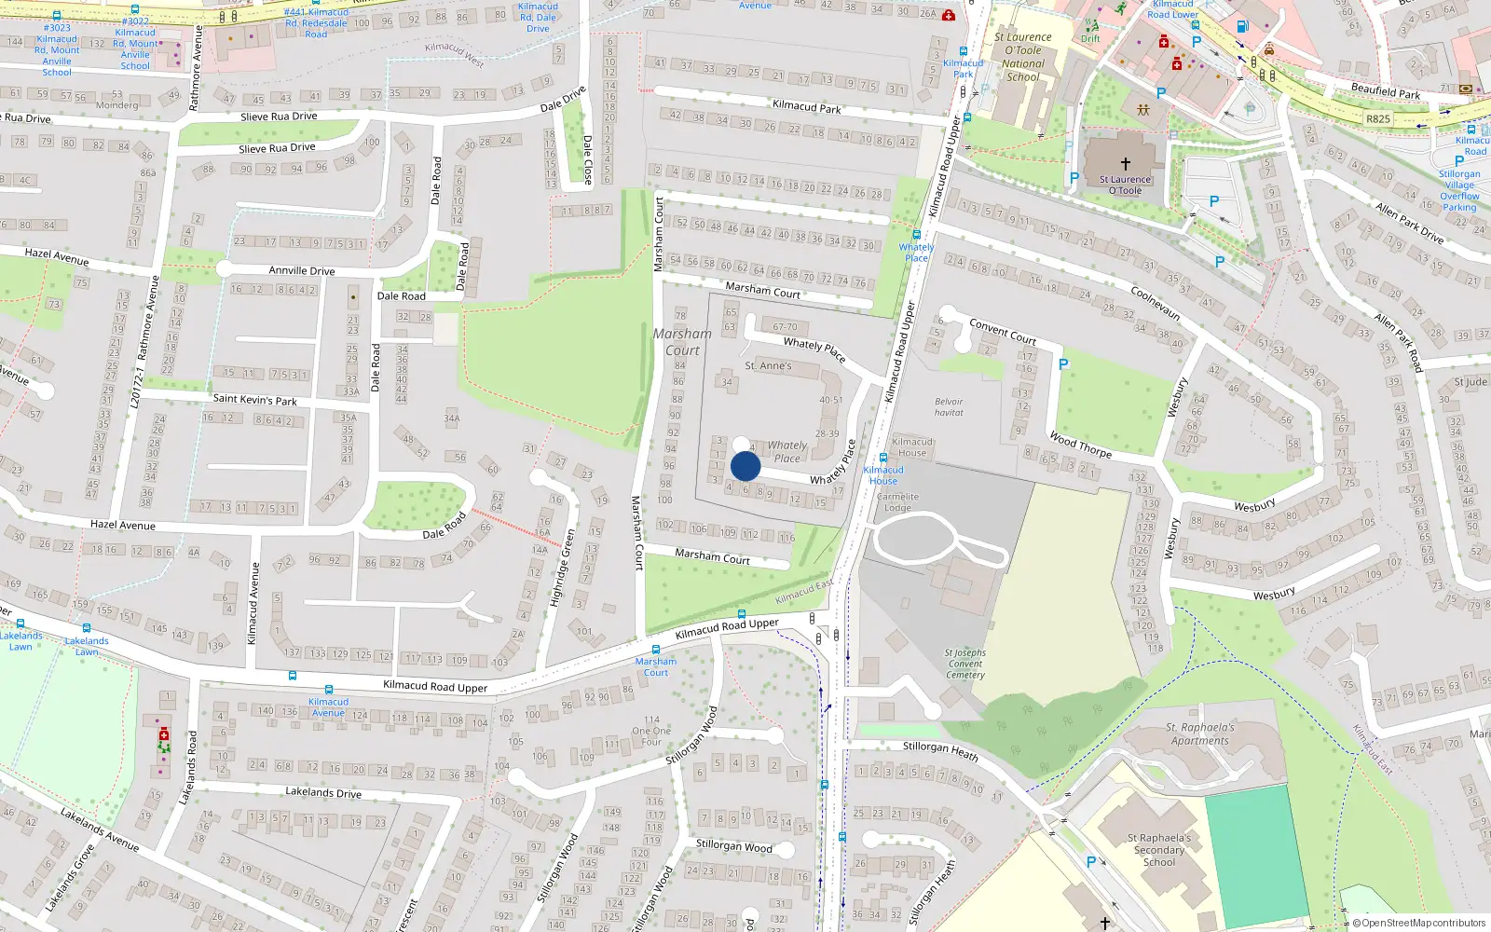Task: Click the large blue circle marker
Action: (745, 466)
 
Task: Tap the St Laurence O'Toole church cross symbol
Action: (1125, 164)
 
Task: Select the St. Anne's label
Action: (768, 365)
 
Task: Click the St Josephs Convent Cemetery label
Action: (964, 664)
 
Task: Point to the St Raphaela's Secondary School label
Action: (1159, 850)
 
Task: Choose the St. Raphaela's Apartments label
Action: (1200, 734)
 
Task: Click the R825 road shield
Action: (1378, 119)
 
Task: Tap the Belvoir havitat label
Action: (949, 407)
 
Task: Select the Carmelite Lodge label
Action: (897, 502)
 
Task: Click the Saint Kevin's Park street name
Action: (254, 400)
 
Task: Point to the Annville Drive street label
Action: (302, 271)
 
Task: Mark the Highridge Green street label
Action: (562, 569)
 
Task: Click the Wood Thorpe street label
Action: (1081, 445)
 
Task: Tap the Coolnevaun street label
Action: (1156, 303)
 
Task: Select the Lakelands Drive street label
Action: (322, 792)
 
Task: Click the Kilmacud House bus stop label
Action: (883, 475)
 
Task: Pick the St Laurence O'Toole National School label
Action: (1023, 58)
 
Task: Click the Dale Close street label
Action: (587, 159)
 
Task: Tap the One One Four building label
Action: (651, 731)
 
